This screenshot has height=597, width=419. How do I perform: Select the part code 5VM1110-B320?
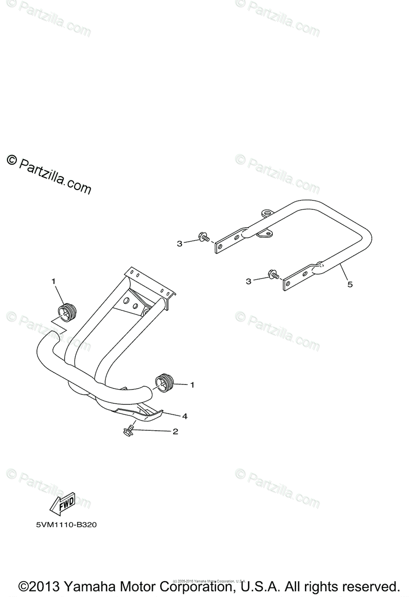[63, 525]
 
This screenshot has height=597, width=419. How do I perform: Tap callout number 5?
[350, 285]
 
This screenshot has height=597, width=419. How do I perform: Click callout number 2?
[175, 432]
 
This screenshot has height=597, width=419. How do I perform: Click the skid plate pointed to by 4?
[139, 411]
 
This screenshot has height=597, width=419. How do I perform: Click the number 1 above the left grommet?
[53, 282]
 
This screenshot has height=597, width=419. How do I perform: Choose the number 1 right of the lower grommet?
[192, 385]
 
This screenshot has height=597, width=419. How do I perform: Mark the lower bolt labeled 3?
[273, 274]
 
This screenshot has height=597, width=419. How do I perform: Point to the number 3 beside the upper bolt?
[180, 243]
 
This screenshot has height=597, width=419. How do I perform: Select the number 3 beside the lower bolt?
[248, 282]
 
